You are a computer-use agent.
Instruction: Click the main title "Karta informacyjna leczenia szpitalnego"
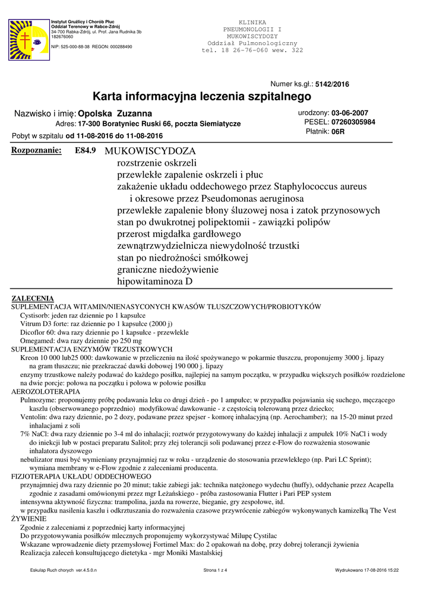(202, 96)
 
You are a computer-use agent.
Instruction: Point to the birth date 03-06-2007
(350, 113)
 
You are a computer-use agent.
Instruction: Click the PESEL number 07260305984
(353, 122)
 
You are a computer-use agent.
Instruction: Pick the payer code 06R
(338, 132)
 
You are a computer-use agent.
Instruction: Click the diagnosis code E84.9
(86, 151)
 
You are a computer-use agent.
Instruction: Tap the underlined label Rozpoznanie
(37, 151)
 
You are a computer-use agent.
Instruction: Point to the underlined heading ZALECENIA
(33, 298)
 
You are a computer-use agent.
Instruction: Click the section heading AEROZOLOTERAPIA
(46, 392)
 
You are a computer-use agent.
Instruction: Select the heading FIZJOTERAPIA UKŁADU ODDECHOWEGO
(81, 476)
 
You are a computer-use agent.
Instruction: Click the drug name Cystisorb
(35, 315)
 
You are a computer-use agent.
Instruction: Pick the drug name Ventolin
(34, 417)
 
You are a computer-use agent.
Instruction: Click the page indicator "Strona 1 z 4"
(215, 570)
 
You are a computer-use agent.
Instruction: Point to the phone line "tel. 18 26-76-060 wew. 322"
(252, 50)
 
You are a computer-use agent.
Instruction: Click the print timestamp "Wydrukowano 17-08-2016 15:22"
(366, 570)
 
